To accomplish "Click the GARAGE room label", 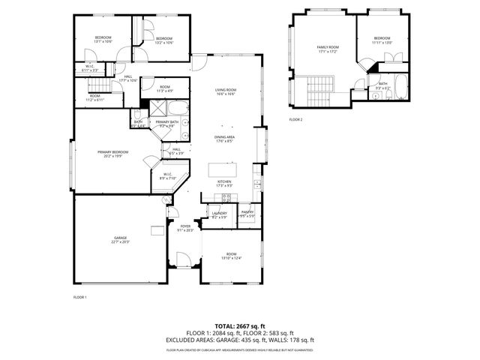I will click(120, 237).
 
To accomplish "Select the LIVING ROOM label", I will click(226, 89).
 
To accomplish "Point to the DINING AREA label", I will click(225, 137).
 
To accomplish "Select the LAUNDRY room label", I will click(219, 213).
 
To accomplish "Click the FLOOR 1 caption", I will click(80, 298).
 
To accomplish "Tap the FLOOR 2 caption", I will click(296, 119).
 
